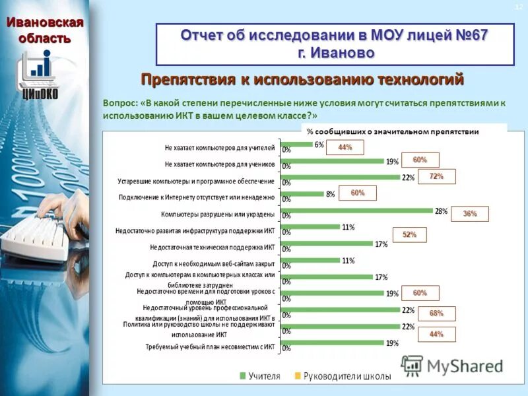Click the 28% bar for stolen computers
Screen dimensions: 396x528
tap(356, 211)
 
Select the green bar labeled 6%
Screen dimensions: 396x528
tap(296, 145)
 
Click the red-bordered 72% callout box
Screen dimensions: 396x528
tap(436, 177)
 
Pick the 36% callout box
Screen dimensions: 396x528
tap(470, 214)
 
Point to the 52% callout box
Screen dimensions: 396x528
tap(409, 235)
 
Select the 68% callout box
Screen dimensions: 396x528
tap(436, 313)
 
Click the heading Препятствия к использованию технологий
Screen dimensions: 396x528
tap(302, 80)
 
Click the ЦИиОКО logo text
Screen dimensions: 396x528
tap(40, 94)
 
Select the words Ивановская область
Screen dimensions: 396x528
tap(45, 30)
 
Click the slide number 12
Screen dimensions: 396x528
tap(518, 7)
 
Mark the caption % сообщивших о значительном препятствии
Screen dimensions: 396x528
tap(393, 131)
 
